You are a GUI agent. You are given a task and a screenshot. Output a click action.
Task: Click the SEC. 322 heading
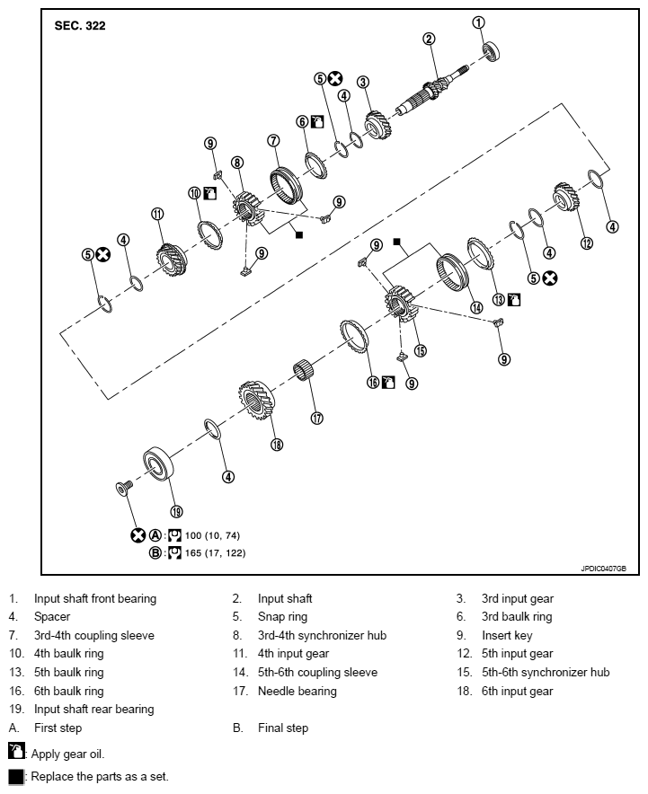click(80, 26)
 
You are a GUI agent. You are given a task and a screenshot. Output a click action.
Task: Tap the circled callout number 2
click(430, 39)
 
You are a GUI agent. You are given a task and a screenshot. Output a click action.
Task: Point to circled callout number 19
click(176, 511)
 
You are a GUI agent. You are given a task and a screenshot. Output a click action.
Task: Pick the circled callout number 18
click(277, 445)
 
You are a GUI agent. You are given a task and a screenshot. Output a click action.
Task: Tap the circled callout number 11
click(157, 214)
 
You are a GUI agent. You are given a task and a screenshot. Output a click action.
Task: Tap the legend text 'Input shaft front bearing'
click(95, 598)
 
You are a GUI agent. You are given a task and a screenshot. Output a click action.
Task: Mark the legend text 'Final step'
click(282, 728)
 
